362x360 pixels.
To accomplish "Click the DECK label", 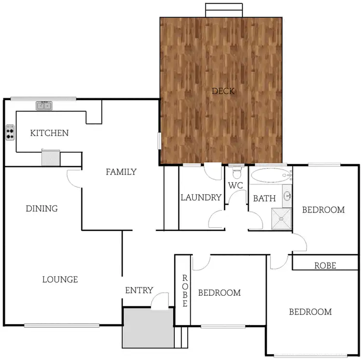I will pos(223,91).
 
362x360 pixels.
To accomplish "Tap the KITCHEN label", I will pos(49,133).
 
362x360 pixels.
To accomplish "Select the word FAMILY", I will pos(121,172).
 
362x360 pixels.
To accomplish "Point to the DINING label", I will pos(42,209).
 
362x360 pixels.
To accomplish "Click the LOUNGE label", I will pos(60,279).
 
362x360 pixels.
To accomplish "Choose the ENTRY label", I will pos(139,290).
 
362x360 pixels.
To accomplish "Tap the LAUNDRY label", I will pos(201,197).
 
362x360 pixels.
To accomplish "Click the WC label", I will pos(235,186).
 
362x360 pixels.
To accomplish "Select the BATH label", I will pos(265,198).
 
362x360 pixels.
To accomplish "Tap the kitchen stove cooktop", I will pos(10,132).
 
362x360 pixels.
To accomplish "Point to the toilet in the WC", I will pos(237,173).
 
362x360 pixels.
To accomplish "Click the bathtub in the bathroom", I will pos(268,175).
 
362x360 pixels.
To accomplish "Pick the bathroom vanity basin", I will pos(287,196).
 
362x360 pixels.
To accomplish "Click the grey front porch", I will pos(148,328).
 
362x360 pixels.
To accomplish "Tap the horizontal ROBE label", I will pos(325,265).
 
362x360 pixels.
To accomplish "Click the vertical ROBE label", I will pos(184,291).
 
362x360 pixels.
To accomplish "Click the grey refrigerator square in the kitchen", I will pos(50,158).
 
